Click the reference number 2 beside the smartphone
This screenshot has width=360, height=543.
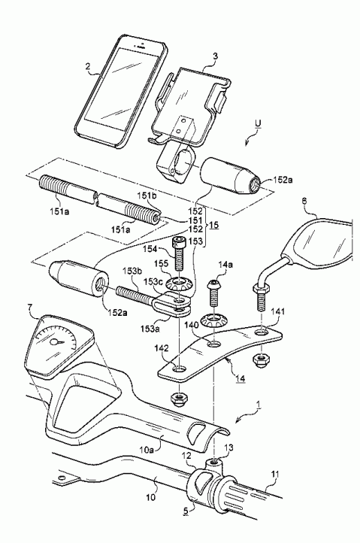point(89,68)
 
